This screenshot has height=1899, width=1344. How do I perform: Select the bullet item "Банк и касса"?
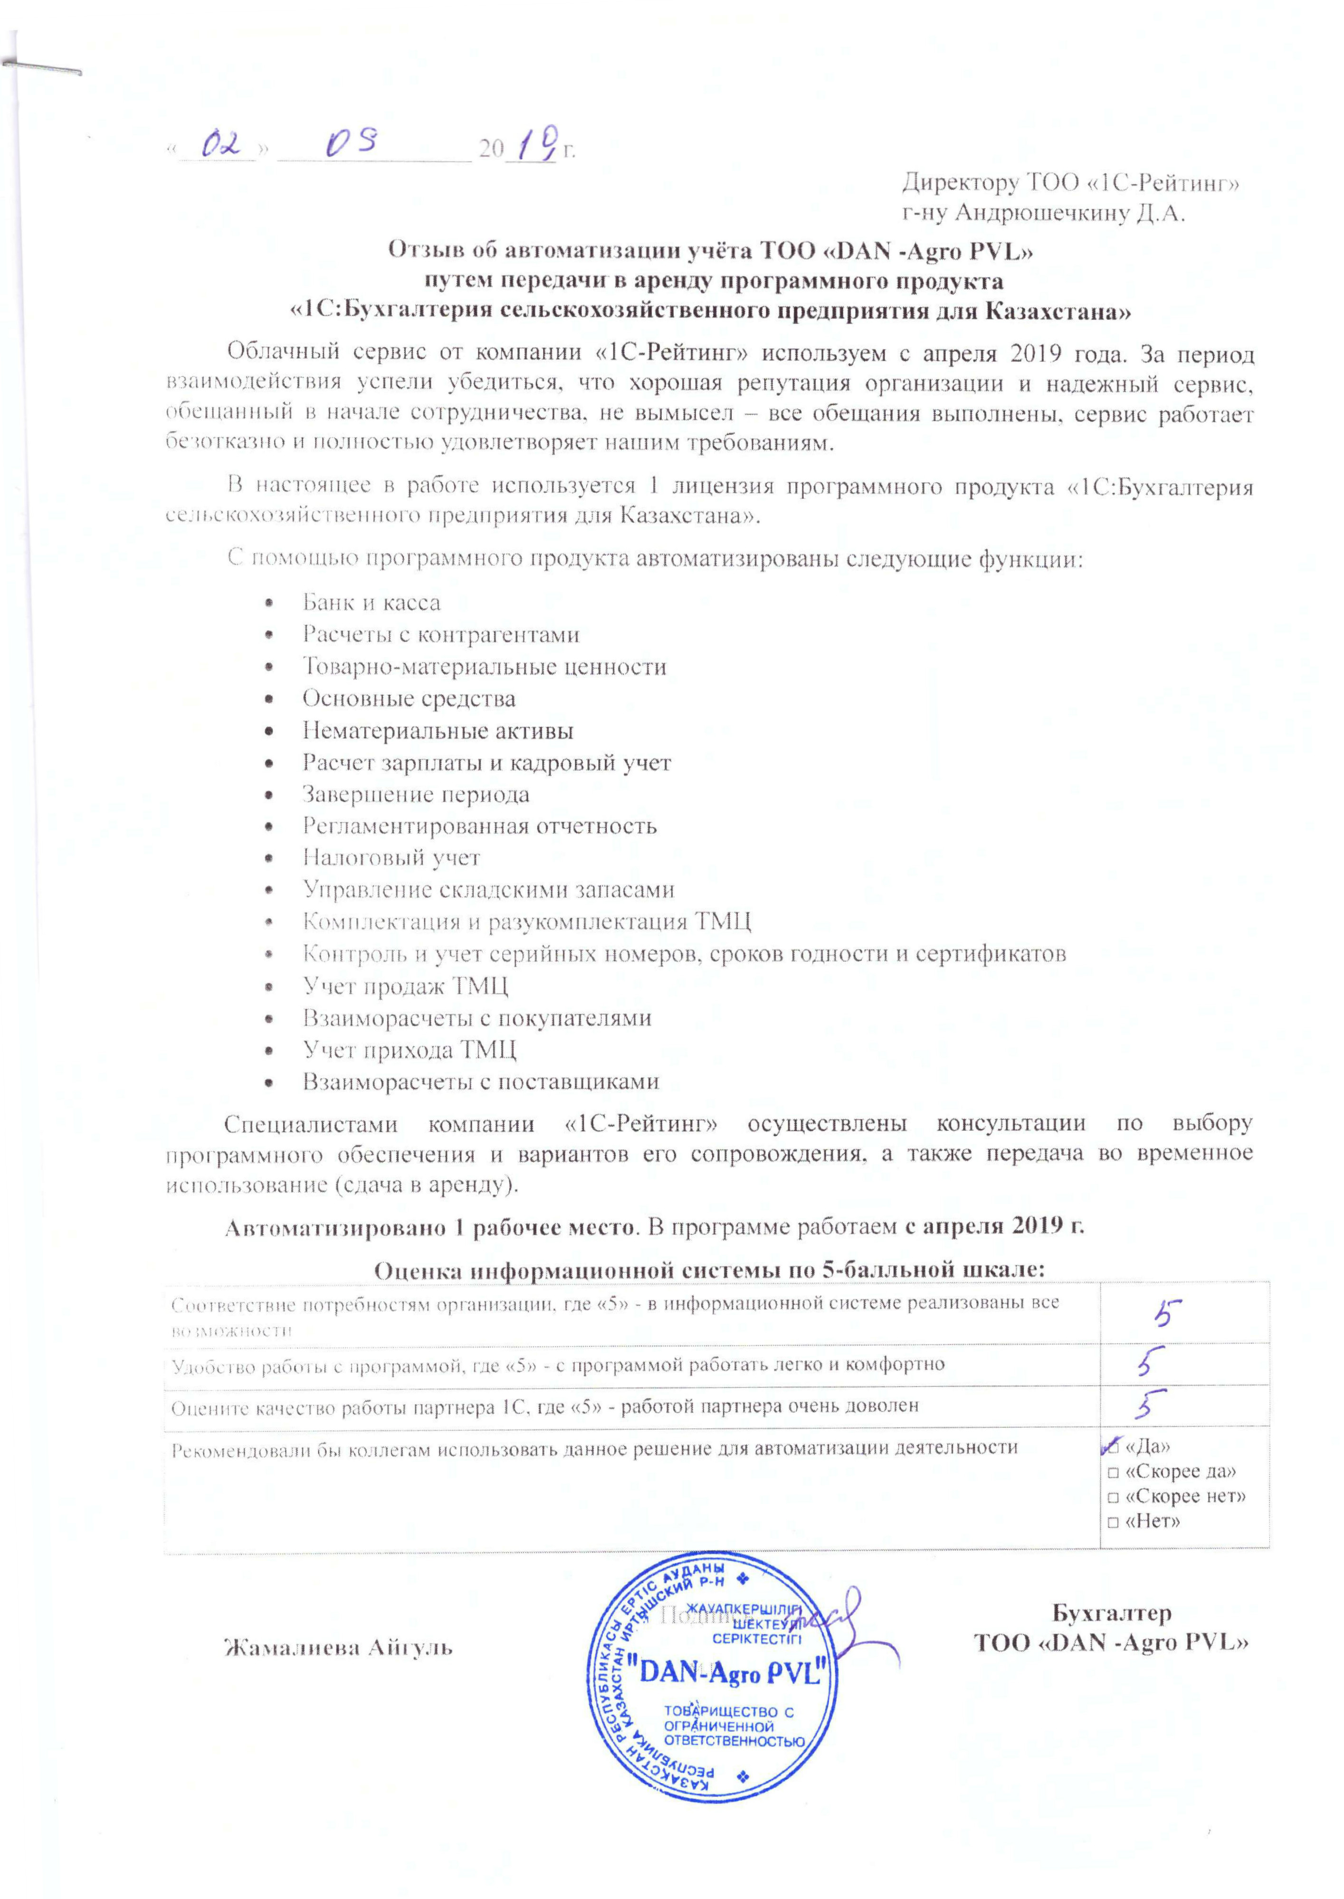click(371, 603)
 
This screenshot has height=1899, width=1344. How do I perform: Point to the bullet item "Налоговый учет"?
click(391, 858)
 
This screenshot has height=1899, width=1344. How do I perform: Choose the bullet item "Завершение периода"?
click(415, 795)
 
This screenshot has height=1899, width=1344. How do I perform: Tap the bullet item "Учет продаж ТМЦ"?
click(405, 986)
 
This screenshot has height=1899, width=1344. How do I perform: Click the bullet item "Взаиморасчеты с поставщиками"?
click(480, 1082)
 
